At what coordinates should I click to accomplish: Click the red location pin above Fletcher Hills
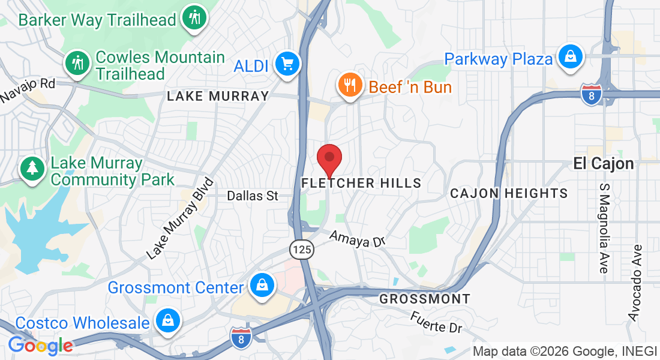pyautogui.click(x=329, y=158)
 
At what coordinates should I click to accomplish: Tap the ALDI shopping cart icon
pyautogui.click(x=287, y=63)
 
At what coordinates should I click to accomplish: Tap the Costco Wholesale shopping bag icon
pyautogui.click(x=167, y=321)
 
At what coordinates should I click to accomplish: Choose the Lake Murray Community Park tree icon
pyautogui.click(x=31, y=169)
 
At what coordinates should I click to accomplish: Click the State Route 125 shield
pyautogui.click(x=302, y=250)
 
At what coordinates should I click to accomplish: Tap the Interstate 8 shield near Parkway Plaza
pyautogui.click(x=591, y=95)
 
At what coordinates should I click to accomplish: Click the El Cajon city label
pyautogui.click(x=604, y=163)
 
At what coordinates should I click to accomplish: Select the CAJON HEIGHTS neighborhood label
pyautogui.click(x=509, y=193)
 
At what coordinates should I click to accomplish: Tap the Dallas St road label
pyautogui.click(x=253, y=196)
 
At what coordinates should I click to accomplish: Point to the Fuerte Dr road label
pyautogui.click(x=437, y=322)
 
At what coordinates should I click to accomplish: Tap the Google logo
pyautogui.click(x=40, y=346)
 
